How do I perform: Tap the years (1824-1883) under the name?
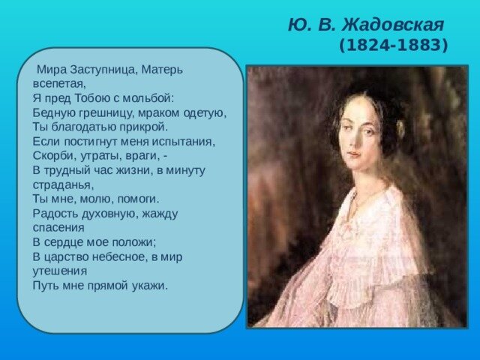393,46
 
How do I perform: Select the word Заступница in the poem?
103,69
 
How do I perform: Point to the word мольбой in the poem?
149,97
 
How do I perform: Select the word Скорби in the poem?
52,155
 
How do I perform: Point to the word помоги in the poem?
134,199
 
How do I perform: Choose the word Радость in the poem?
55,213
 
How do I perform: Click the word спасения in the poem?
58,227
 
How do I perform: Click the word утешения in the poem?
60,271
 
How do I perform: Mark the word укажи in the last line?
148,286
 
